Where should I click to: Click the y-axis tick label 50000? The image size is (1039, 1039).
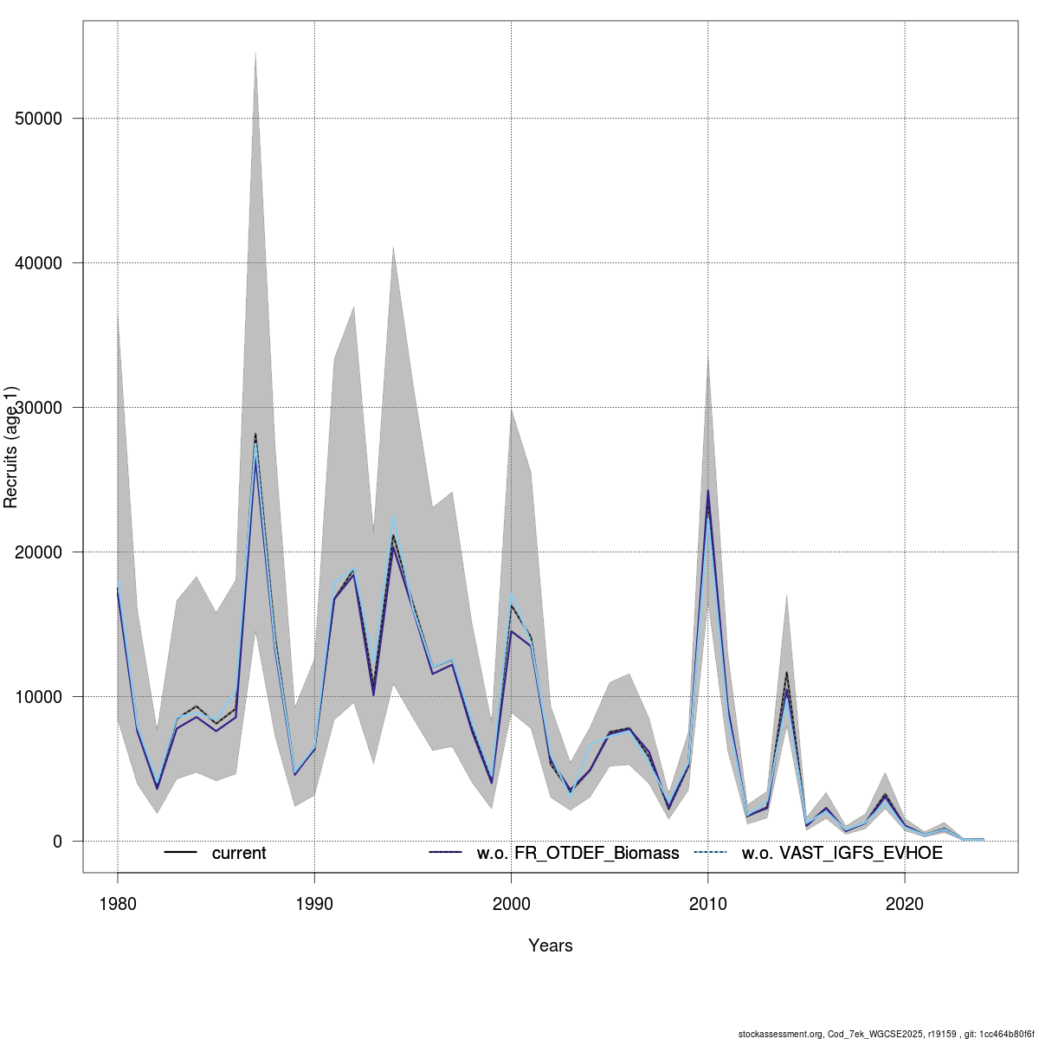(39, 119)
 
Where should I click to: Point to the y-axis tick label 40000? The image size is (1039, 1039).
(39, 263)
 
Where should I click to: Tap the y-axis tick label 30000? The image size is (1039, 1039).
(39, 408)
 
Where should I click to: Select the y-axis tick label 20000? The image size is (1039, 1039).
(39, 552)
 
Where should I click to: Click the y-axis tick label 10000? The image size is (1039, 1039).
(39, 697)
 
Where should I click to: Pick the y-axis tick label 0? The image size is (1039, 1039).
(57, 842)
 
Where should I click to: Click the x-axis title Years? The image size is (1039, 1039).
(551, 945)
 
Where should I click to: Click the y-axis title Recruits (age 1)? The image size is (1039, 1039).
(11, 446)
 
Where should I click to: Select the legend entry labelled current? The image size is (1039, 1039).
(239, 854)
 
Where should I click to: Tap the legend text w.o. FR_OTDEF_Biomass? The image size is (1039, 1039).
(578, 854)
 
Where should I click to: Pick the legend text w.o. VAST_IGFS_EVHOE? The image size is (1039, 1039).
(842, 854)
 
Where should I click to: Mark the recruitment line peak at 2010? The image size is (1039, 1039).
(708, 493)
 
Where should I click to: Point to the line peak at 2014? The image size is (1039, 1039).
(786, 674)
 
